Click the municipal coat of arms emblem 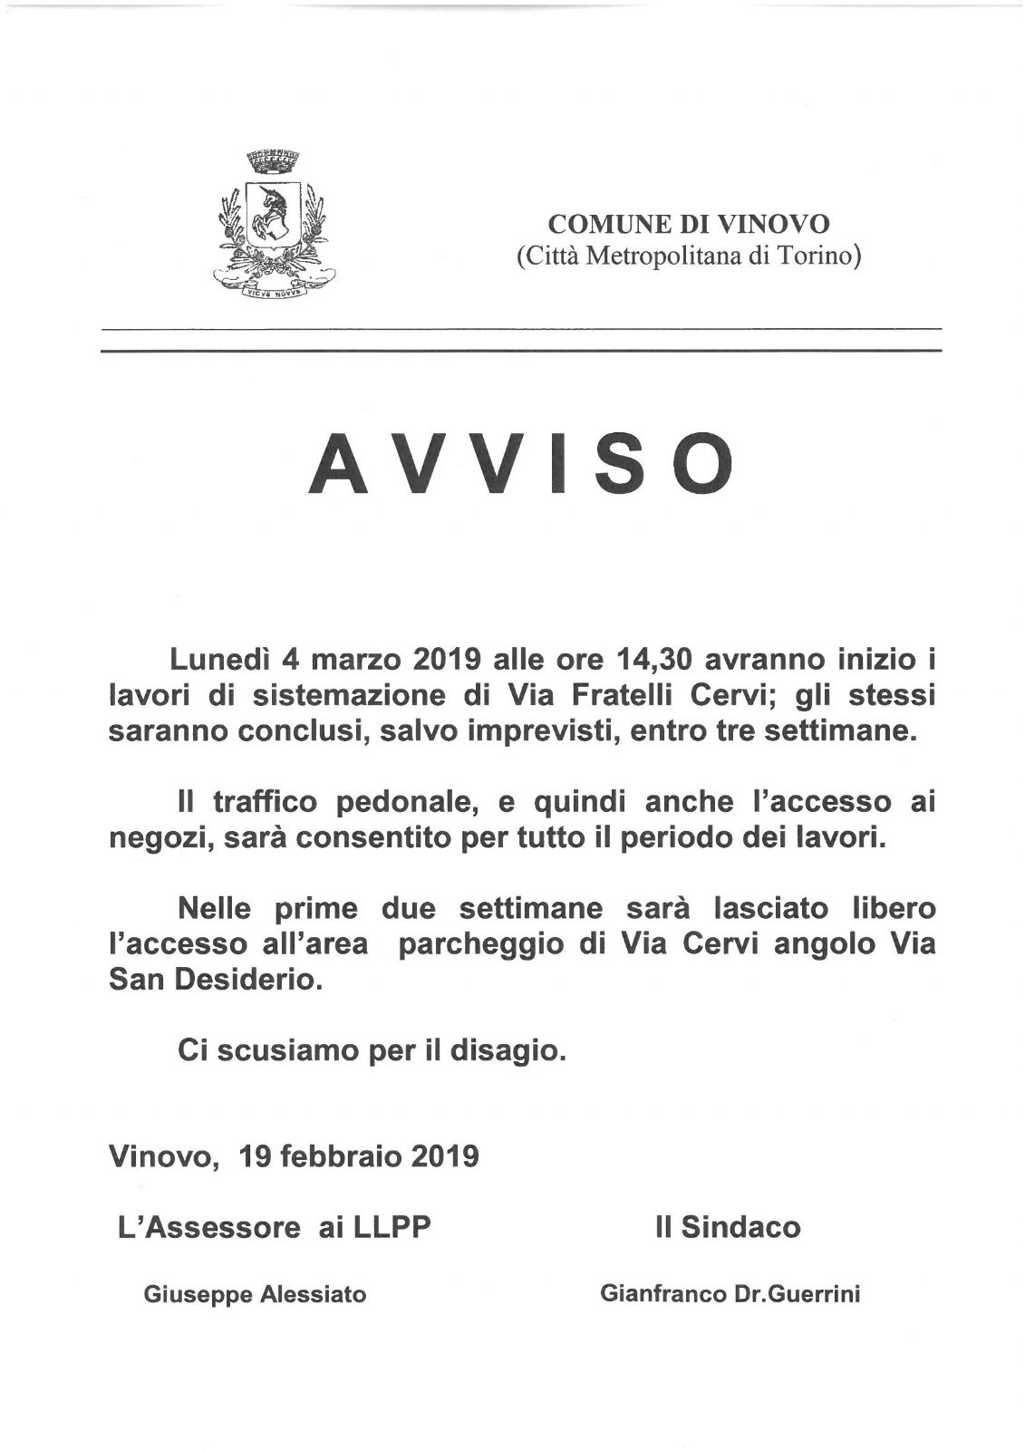click(x=273, y=227)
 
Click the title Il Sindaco click(x=728, y=1227)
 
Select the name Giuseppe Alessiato click(x=255, y=1295)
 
